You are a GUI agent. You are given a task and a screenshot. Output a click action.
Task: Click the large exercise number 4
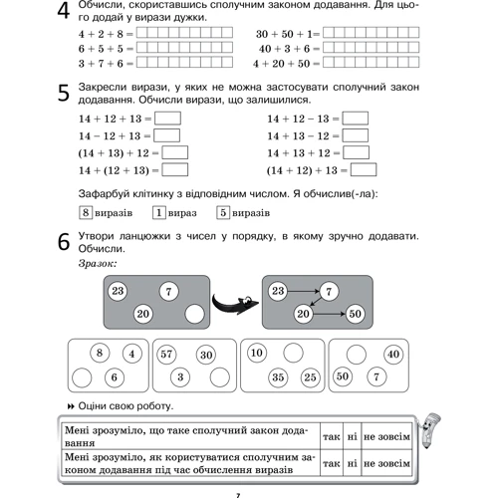click(x=64, y=11)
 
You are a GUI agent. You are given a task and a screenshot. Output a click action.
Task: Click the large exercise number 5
click(x=64, y=93)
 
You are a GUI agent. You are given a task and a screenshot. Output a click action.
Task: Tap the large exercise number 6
click(x=64, y=242)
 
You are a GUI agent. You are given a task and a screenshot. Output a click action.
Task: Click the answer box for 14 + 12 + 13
click(x=167, y=119)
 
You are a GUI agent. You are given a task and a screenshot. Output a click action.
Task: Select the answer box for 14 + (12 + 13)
click(x=175, y=170)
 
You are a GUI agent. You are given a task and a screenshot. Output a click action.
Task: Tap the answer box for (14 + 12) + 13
click(x=364, y=170)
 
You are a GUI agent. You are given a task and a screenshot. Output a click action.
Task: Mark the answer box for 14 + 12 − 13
click(x=356, y=119)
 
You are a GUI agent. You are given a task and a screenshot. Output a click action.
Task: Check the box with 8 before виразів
click(x=86, y=212)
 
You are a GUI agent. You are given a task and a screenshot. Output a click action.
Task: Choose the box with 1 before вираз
click(x=159, y=212)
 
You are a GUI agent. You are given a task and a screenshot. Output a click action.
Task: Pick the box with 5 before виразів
click(x=223, y=212)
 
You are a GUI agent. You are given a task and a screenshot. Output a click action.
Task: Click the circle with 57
click(x=166, y=355)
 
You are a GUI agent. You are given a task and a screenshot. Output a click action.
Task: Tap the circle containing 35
click(x=278, y=377)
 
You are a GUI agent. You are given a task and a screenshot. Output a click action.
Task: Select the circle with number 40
click(x=393, y=354)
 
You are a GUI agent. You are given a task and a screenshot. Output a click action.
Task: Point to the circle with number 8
click(x=100, y=353)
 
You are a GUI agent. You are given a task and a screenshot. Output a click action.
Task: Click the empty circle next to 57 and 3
click(x=220, y=377)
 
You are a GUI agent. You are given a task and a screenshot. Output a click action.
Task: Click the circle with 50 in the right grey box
click(x=355, y=314)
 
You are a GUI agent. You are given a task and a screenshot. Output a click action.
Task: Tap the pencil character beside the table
click(x=428, y=430)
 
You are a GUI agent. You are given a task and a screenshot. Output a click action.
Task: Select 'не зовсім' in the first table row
click(x=386, y=436)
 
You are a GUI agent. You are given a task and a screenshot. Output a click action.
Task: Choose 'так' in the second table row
click(x=332, y=463)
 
